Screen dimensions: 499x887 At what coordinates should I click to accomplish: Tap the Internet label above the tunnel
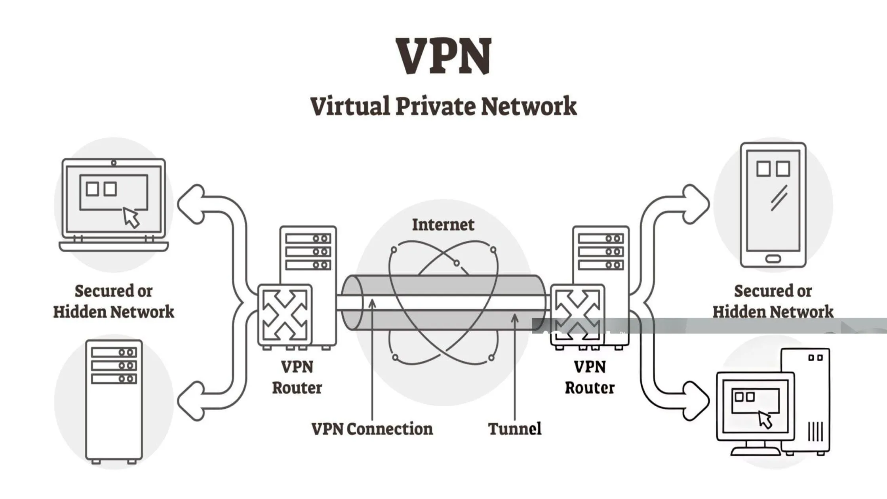(x=443, y=225)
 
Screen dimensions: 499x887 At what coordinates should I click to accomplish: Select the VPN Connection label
(x=372, y=429)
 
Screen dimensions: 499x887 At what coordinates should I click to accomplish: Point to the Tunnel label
(x=514, y=429)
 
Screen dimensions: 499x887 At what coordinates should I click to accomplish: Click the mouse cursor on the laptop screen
(x=131, y=217)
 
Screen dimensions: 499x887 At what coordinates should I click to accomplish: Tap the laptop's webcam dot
(x=114, y=163)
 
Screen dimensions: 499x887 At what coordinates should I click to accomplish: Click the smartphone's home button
(x=773, y=259)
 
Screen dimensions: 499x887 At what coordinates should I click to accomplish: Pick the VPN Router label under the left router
(x=297, y=377)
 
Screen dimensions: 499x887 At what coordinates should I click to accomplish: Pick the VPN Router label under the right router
(x=590, y=377)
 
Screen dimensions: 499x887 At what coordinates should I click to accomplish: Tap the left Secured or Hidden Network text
(x=114, y=301)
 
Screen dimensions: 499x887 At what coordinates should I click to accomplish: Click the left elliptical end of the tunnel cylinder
(x=352, y=303)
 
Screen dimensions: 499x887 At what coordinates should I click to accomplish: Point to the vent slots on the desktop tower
(x=815, y=431)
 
